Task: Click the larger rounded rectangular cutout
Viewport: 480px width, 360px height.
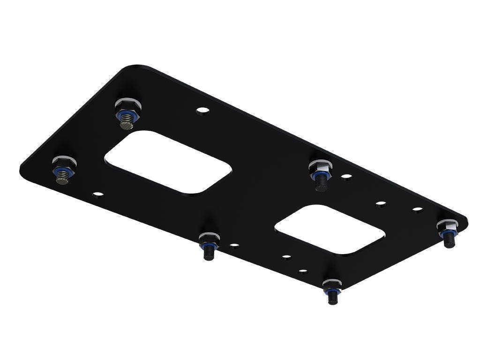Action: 168,161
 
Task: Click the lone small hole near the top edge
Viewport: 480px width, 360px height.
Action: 202,111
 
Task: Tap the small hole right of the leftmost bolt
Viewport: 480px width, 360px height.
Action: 98,193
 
